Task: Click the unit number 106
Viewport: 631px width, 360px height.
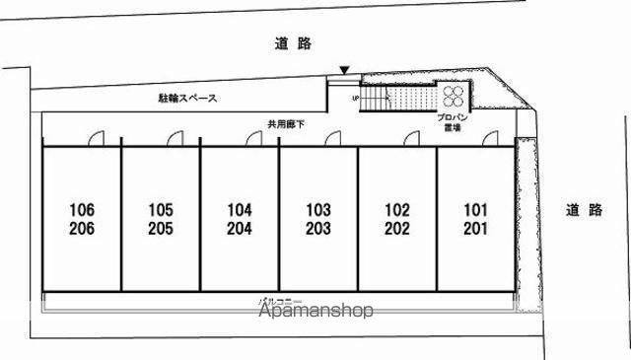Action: click(82, 210)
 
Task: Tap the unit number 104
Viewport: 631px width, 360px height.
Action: click(240, 210)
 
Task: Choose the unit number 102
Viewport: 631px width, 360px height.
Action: click(396, 210)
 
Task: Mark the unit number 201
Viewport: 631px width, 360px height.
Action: click(475, 229)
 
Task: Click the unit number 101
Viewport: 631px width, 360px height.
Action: click(475, 210)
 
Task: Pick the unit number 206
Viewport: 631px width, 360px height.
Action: click(82, 229)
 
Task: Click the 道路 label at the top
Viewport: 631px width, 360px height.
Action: click(293, 43)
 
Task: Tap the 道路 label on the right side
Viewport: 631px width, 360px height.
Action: click(584, 209)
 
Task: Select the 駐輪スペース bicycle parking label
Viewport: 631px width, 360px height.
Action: click(187, 99)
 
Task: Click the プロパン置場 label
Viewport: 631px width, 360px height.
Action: click(454, 121)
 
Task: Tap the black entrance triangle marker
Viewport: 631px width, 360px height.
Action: click(343, 70)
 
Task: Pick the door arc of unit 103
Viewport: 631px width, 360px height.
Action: click(333, 139)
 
